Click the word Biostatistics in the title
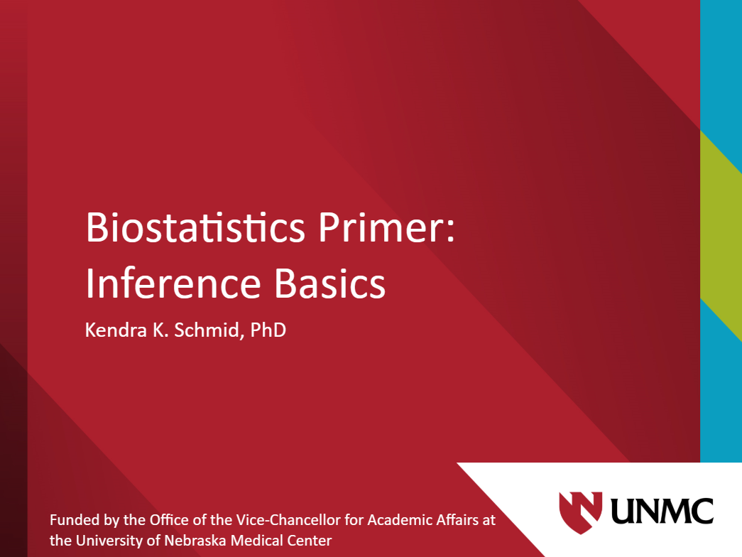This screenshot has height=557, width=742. tap(195, 227)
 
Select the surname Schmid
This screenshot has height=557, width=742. tap(206, 330)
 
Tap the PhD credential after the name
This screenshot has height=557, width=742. tap(268, 330)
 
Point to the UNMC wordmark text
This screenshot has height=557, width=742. tap(662, 511)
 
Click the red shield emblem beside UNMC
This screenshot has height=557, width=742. tap(581, 512)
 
